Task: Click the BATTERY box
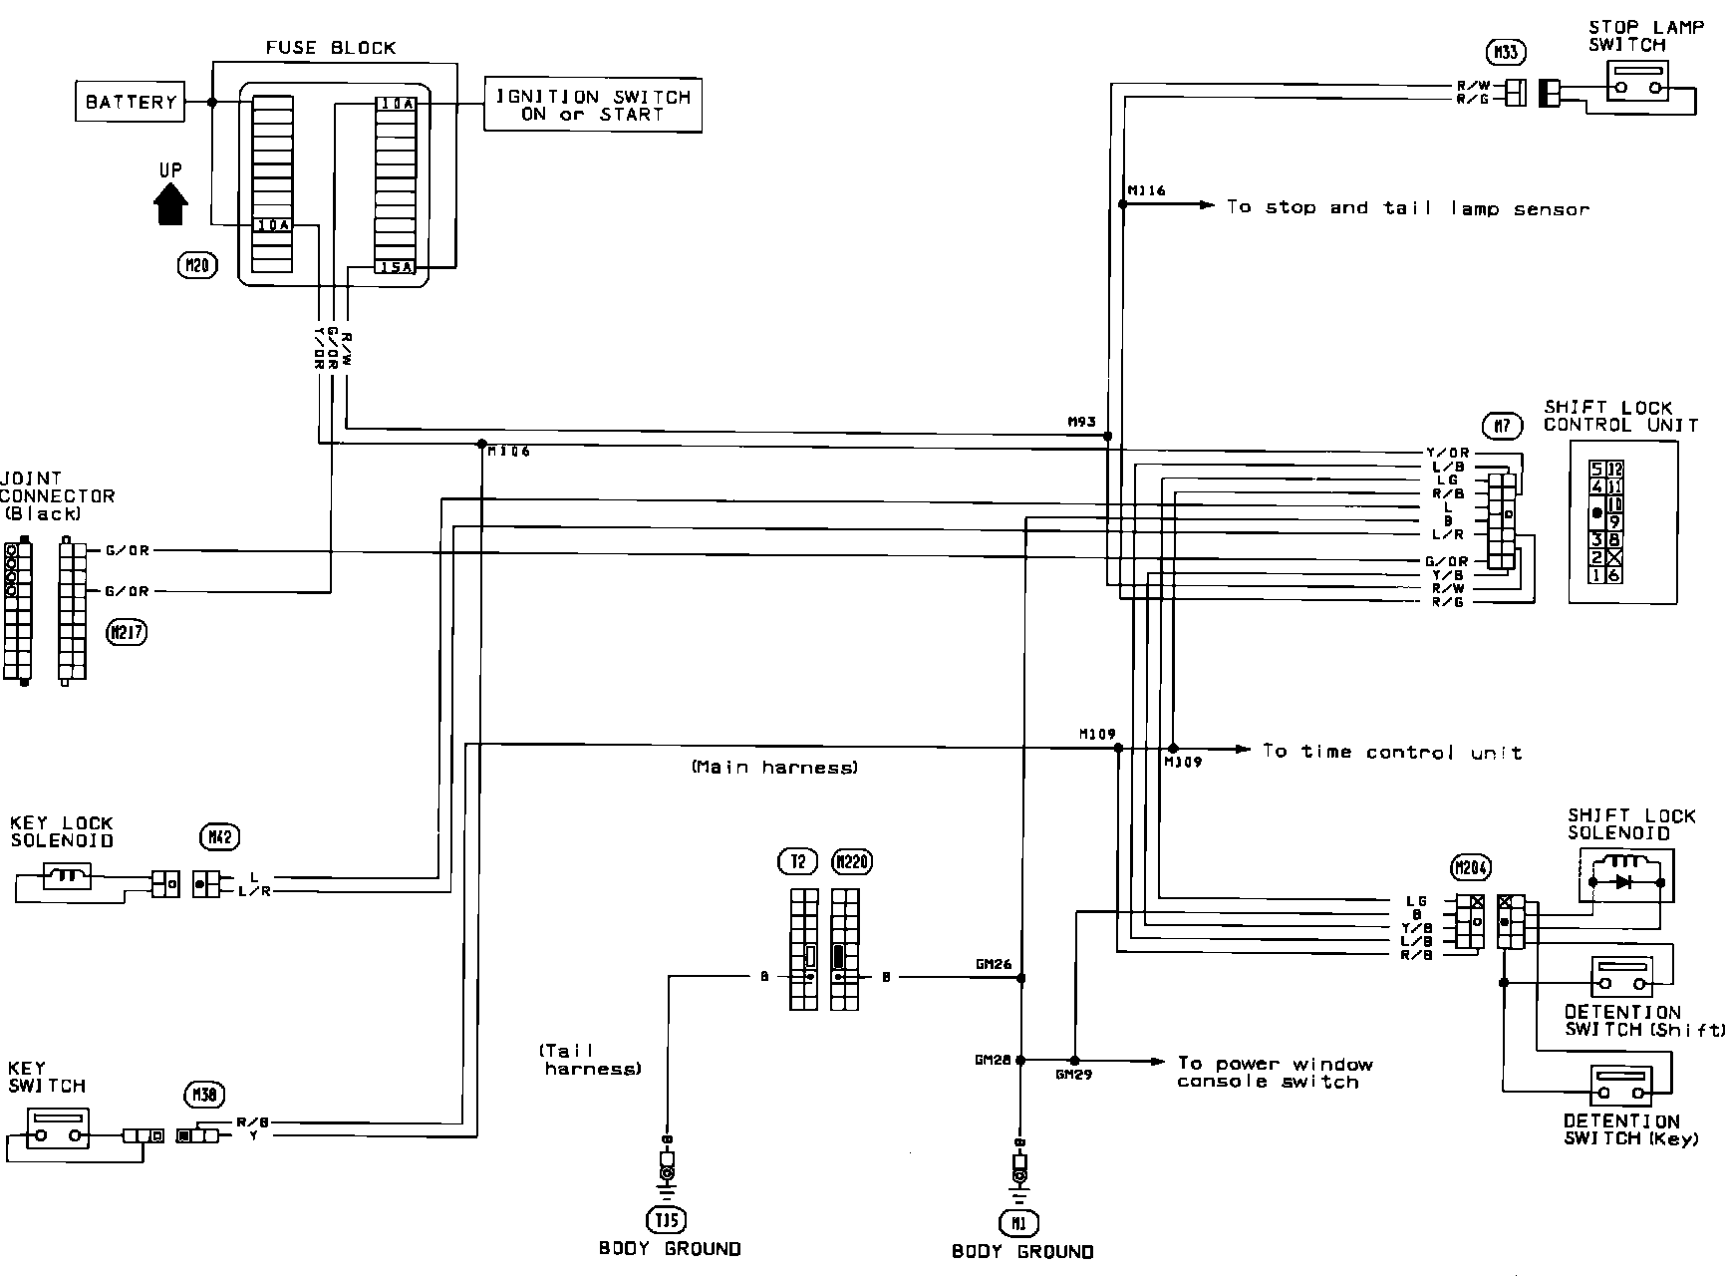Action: [x=131, y=102]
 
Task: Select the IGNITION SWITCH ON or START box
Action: [x=592, y=105]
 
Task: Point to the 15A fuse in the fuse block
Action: [x=396, y=267]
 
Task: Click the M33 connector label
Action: [x=1505, y=52]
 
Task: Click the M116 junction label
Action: [x=1146, y=189]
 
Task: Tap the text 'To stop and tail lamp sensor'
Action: [x=1407, y=207]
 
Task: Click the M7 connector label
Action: [x=1502, y=426]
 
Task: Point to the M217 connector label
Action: [x=127, y=632]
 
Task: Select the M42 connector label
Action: [x=220, y=837]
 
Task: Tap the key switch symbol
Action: [x=58, y=1128]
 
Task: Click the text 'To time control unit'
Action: [x=1391, y=752]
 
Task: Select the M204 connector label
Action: [x=1470, y=868]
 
